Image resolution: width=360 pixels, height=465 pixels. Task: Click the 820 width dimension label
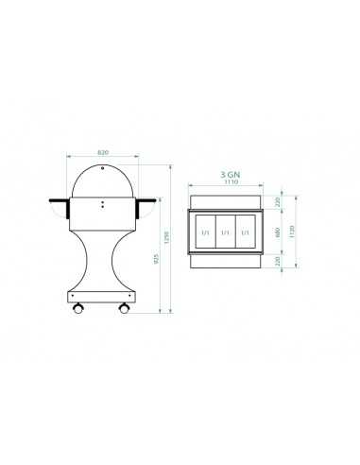pyautogui.click(x=102, y=151)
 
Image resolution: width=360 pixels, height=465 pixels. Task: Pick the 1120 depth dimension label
pyautogui.click(x=294, y=232)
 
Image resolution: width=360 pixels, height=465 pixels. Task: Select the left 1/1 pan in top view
pyautogui.click(x=205, y=232)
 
